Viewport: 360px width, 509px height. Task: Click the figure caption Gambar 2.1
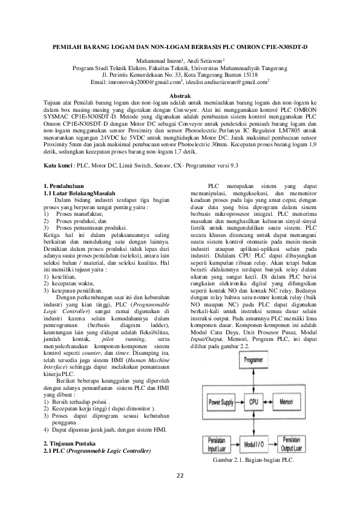click(x=253, y=461)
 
